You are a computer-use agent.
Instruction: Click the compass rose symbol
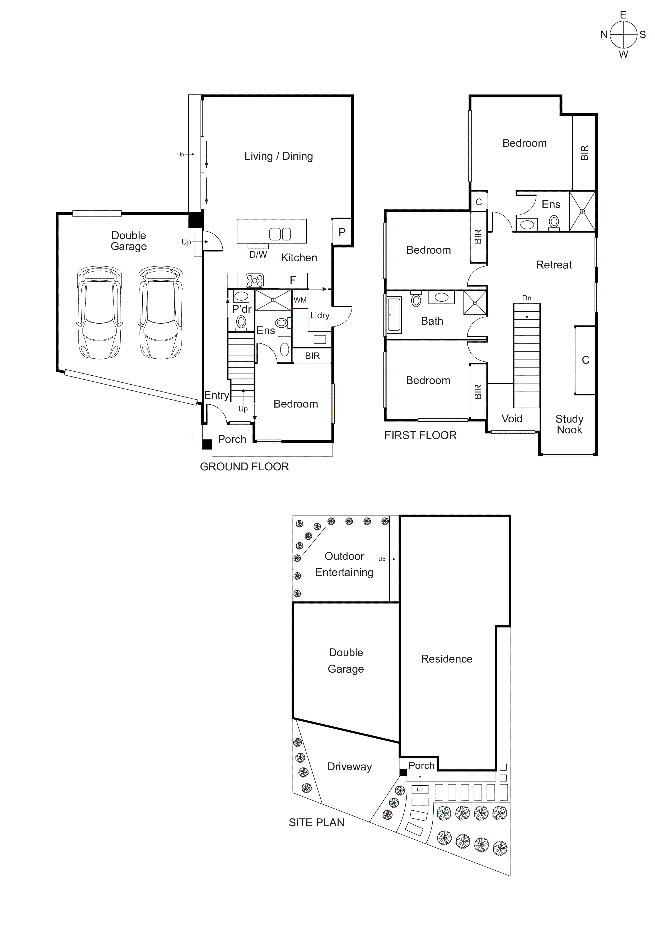tap(623, 35)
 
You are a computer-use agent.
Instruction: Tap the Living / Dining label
tap(278, 156)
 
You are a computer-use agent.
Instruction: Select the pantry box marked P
tap(342, 232)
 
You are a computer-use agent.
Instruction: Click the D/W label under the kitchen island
tap(258, 254)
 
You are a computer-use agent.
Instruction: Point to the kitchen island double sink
tap(280, 234)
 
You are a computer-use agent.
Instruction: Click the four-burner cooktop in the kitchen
tap(255, 280)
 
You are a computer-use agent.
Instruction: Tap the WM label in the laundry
tap(300, 300)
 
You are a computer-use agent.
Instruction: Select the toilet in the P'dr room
tap(241, 322)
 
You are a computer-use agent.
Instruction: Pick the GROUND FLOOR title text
tap(244, 467)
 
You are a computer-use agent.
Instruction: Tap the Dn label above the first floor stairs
tap(526, 298)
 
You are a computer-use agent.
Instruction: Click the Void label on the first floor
tap(512, 419)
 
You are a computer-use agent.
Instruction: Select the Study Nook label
tap(569, 424)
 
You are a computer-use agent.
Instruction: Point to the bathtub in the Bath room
tap(394, 315)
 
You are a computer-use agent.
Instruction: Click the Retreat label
tap(554, 265)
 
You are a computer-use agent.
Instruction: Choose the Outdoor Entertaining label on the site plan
tap(344, 564)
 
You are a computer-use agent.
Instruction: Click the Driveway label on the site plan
tap(349, 767)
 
